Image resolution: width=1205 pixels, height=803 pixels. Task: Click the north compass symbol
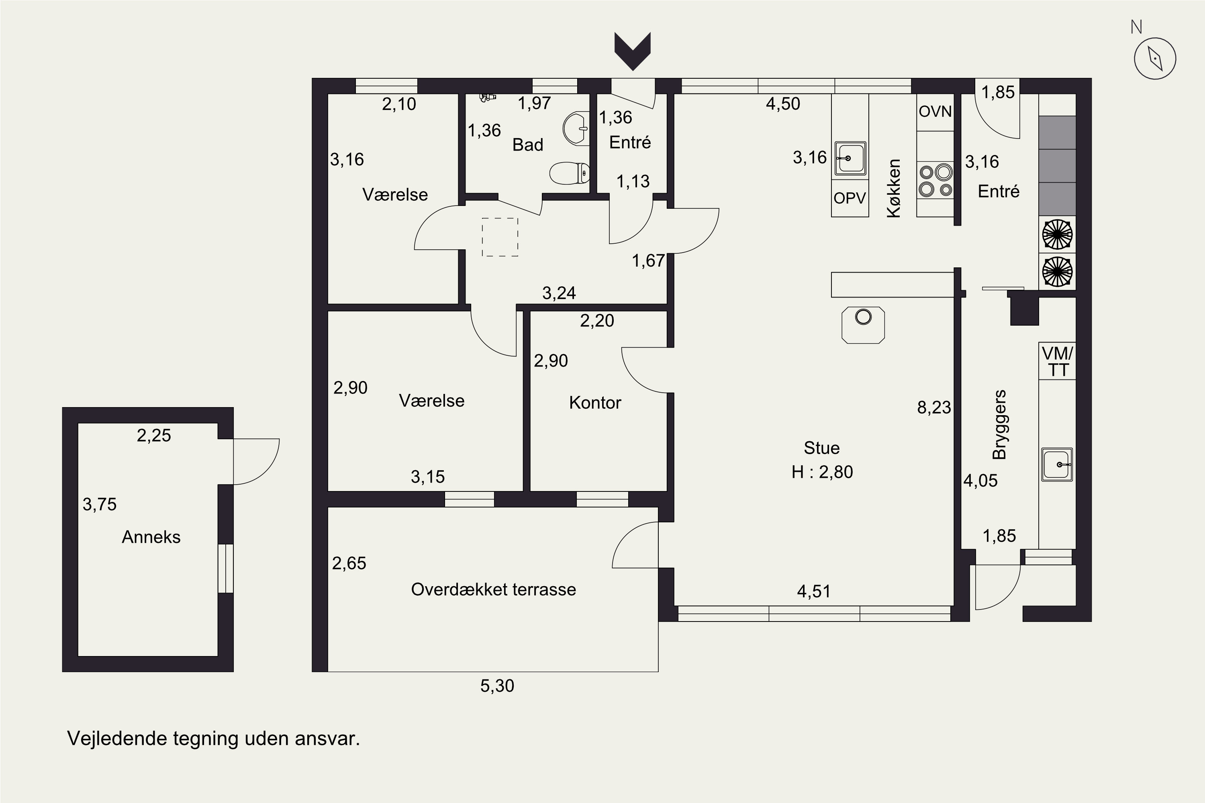pyautogui.click(x=1155, y=58)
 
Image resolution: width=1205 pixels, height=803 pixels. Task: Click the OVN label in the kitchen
pyautogui.click(x=935, y=112)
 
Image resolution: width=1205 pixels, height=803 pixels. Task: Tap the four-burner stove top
pyautogui.click(x=935, y=180)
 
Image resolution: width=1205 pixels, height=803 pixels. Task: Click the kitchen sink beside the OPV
pyautogui.click(x=850, y=158)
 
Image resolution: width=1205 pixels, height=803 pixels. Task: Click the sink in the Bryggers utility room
pyautogui.click(x=1057, y=464)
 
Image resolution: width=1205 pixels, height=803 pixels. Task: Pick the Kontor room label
pyautogui.click(x=595, y=403)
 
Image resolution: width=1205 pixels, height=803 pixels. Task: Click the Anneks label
pyautogui.click(x=151, y=537)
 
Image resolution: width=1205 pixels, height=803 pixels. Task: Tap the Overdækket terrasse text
pyautogui.click(x=493, y=589)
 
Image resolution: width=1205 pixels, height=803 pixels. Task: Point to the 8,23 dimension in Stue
pyautogui.click(x=934, y=408)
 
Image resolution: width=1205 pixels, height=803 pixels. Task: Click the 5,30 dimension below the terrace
pyautogui.click(x=497, y=686)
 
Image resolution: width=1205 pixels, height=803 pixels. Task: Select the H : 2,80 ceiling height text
pyautogui.click(x=822, y=472)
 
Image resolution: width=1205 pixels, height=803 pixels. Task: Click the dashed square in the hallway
pyautogui.click(x=500, y=237)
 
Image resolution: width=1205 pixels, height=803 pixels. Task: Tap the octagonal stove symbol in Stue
pyautogui.click(x=863, y=325)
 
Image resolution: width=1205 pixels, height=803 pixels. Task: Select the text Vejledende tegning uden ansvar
pyautogui.click(x=214, y=738)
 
